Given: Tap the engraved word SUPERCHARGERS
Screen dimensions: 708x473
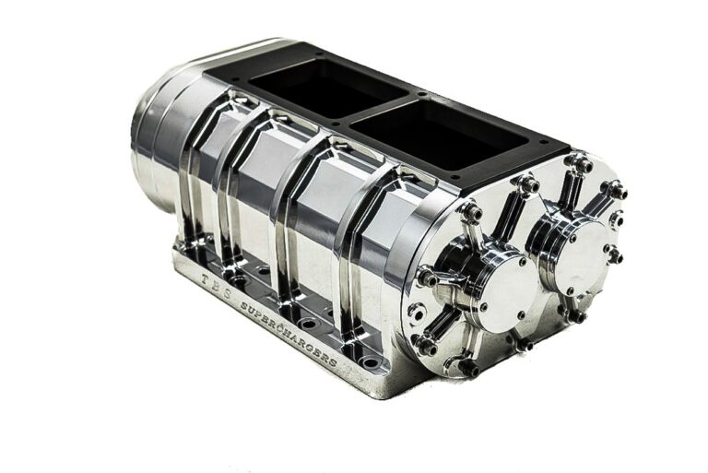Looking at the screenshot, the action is [x=289, y=334].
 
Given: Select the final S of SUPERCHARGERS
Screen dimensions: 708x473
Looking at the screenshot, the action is [x=332, y=361].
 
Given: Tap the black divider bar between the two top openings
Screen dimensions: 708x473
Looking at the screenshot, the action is [x=378, y=110].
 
